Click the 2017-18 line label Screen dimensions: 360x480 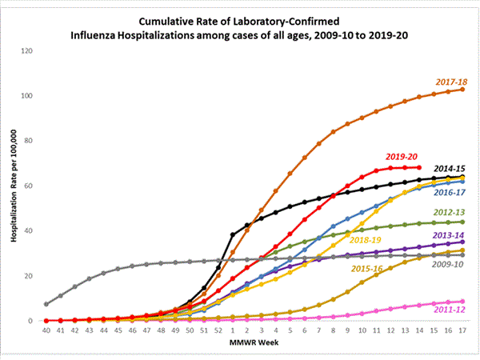[451, 82]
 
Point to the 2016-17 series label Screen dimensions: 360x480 [450, 192]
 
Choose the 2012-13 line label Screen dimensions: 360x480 [450, 212]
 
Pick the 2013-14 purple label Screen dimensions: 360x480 [450, 235]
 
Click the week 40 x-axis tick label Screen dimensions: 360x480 [47, 330]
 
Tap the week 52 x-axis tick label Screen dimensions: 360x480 [218, 330]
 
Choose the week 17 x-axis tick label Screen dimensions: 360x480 [460, 330]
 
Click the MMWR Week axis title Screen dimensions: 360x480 [254, 345]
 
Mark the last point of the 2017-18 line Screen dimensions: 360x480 [462, 90]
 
